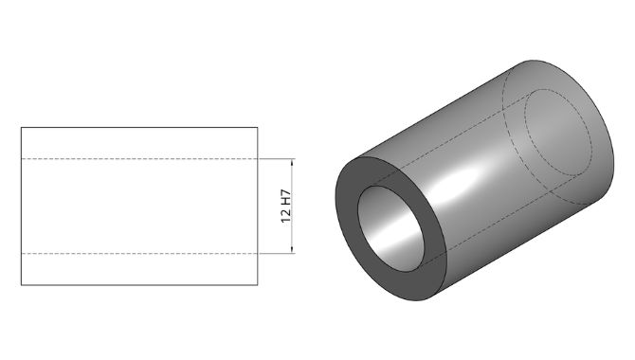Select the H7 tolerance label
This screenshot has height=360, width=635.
pos(286,197)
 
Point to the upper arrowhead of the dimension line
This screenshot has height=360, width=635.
pos(292,162)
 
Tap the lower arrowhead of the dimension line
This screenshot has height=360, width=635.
pos(292,250)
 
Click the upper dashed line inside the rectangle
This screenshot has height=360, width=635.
pos(139,159)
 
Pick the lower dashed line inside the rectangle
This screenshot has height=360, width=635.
pos(139,254)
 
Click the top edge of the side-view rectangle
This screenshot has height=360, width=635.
pos(139,128)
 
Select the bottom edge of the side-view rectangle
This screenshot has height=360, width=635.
pos(139,285)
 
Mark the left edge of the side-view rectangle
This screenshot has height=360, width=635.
pos(21,207)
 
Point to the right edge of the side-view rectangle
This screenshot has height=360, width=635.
pos(258,207)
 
